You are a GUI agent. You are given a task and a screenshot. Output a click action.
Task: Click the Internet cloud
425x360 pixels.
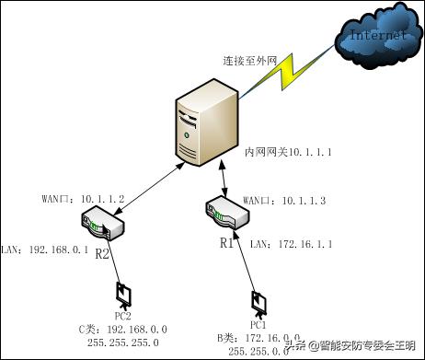377,38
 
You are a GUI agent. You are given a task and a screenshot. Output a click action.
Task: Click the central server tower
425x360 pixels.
201,125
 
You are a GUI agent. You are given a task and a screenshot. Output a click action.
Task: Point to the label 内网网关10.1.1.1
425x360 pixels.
286,149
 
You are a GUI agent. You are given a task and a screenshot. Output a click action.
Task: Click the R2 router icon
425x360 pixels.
103,223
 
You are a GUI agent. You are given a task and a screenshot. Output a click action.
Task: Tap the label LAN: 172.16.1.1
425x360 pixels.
287,243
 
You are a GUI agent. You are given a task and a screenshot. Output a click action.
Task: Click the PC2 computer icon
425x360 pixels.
122,295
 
